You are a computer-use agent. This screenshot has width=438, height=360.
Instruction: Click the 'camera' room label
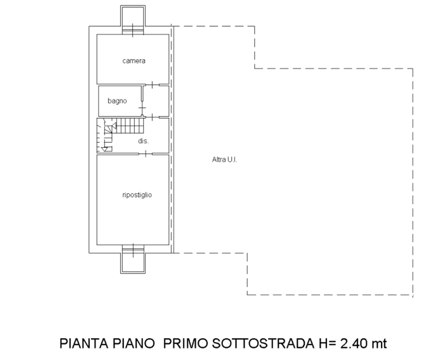tap(134, 61)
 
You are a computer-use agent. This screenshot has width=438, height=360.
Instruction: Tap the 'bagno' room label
tap(117, 101)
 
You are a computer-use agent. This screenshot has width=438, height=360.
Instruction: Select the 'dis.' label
tap(143, 141)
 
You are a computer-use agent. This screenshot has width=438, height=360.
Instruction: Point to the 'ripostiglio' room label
tap(137, 195)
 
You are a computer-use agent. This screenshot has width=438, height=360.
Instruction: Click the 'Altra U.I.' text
tap(224, 160)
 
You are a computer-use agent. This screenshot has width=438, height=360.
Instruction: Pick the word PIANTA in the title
tap(84, 343)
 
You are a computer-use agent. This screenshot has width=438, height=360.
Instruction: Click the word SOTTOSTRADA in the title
tap(263, 343)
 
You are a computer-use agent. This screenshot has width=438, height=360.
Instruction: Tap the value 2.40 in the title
tap(354, 343)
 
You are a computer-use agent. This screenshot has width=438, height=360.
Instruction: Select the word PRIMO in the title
tap(186, 343)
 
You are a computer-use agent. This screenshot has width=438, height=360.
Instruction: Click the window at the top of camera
tap(133, 30)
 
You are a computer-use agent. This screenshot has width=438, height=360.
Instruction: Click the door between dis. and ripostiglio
tap(146, 154)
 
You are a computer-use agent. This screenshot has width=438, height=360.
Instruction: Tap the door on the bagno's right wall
tap(142, 108)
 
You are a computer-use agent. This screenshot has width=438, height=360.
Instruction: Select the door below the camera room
tap(152, 85)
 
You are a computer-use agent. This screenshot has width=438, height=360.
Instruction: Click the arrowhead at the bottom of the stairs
tap(105, 149)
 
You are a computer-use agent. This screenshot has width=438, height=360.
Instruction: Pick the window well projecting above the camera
tap(133, 16)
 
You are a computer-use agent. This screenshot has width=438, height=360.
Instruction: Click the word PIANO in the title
tap(134, 343)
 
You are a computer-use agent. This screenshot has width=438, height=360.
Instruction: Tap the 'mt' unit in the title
tap(379, 344)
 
